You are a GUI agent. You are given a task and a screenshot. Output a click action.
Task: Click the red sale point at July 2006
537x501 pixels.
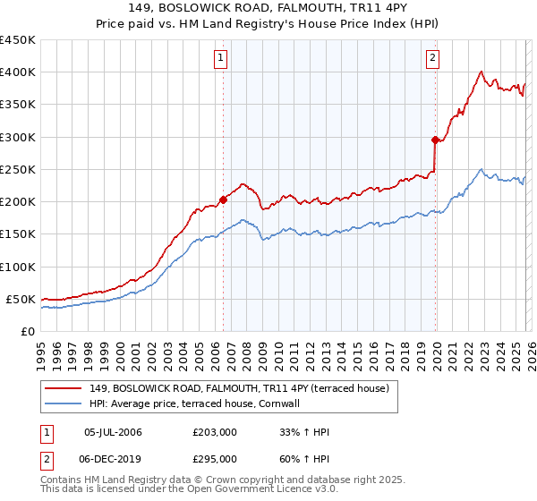(223, 200)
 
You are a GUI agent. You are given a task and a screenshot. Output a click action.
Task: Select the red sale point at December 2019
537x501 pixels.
(435, 140)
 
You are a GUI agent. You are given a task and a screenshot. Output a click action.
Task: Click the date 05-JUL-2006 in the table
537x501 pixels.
(112, 433)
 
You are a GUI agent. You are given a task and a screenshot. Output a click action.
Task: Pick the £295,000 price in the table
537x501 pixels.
(215, 458)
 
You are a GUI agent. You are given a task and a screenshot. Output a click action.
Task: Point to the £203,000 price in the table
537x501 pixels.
(215, 433)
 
